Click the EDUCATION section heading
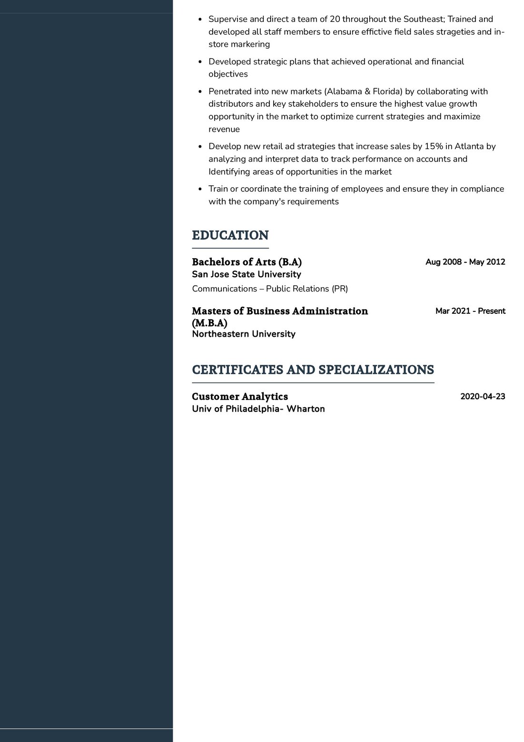pyautogui.click(x=230, y=235)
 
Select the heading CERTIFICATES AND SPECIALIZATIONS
pyautogui.click(x=313, y=370)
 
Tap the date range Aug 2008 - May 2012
pyautogui.click(x=465, y=262)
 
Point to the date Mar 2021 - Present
pyautogui.click(x=470, y=311)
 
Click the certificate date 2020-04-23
pyautogui.click(x=483, y=396)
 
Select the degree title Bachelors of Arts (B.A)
pyautogui.click(x=247, y=262)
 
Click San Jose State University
pyautogui.click(x=247, y=274)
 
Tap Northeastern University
pyautogui.click(x=244, y=334)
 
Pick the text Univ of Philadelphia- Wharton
pyautogui.click(x=258, y=409)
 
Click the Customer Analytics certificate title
pyautogui.click(x=240, y=396)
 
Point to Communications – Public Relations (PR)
pyautogui.click(x=270, y=289)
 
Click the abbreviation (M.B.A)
pyautogui.click(x=210, y=323)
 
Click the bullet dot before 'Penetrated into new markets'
pyautogui.click(x=200, y=91)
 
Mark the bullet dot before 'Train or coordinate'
pyautogui.click(x=200, y=189)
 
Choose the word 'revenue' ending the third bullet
pyautogui.click(x=224, y=129)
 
